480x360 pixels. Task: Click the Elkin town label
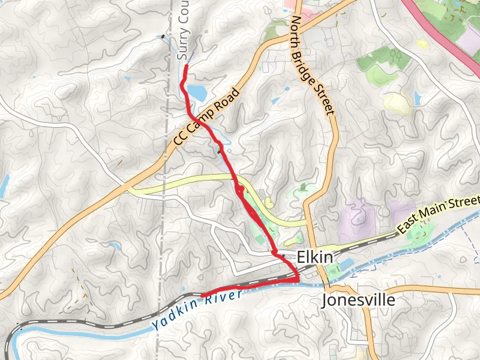(314, 257)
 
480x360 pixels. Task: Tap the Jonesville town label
(359, 299)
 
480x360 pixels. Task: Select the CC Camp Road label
(206, 117)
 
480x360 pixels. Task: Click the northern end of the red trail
(185, 66)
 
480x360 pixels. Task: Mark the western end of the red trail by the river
(203, 294)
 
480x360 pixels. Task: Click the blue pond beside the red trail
(196, 92)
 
